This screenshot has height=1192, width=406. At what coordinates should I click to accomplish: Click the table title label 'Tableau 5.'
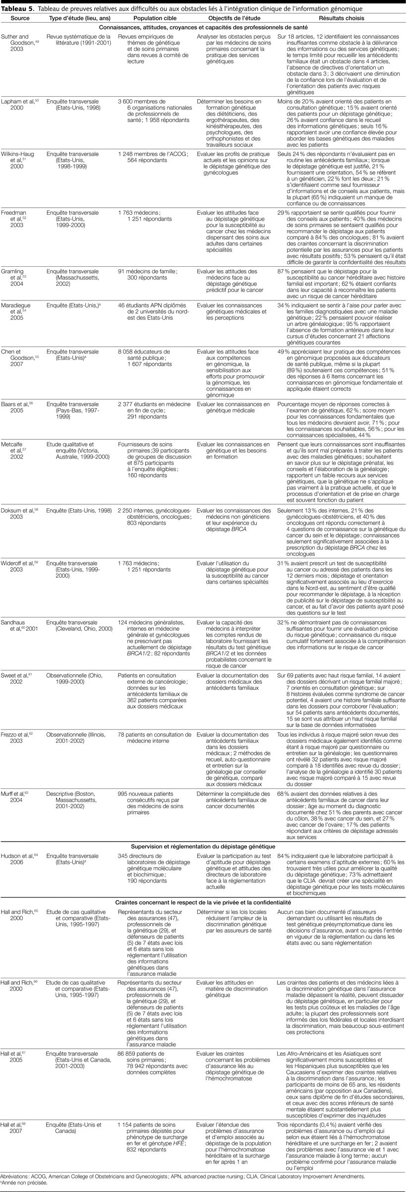click(x=17, y=9)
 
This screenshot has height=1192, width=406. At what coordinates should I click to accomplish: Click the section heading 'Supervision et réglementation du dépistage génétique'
click(x=203, y=846)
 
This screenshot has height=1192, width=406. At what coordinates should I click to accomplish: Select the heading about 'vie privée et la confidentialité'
click(x=203, y=902)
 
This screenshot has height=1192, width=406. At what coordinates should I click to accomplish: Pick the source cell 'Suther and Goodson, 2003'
click(x=17, y=43)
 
